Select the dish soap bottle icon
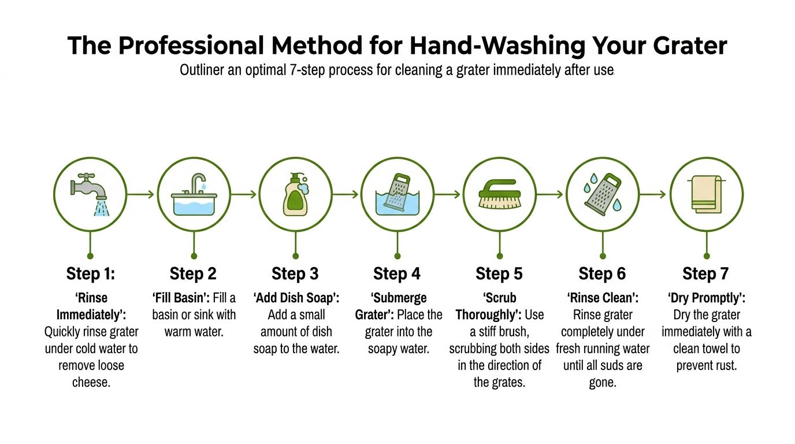point(296,194)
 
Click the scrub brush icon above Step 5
point(499,194)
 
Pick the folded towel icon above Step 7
point(706,194)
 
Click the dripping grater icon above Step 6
point(603,194)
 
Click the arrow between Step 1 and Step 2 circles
point(140,194)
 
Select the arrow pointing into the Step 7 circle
point(652,194)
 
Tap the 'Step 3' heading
point(295,274)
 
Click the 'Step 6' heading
point(602,274)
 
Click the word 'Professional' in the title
point(192,46)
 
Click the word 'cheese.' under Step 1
point(91,383)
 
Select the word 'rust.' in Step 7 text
point(725,365)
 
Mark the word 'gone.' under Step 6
point(603,383)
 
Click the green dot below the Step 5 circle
point(500,256)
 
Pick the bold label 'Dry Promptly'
point(707,298)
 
